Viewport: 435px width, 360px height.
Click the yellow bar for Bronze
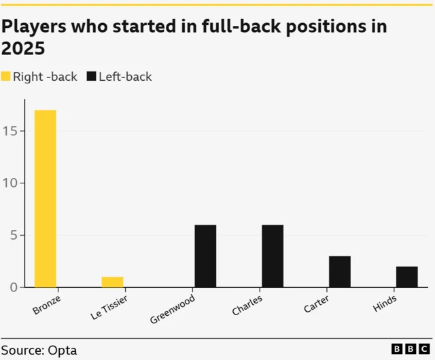(46, 198)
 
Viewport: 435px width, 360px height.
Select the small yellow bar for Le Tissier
(113, 282)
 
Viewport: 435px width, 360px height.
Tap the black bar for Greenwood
(205, 256)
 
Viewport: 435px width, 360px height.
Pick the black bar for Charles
(273, 256)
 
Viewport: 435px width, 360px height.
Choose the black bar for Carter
(340, 272)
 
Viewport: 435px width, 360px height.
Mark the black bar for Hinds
(406, 276)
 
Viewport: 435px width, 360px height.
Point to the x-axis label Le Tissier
(108, 307)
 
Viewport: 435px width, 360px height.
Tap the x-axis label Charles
(247, 304)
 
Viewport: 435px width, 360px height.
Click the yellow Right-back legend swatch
(6, 77)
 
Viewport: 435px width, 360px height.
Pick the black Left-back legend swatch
(92, 77)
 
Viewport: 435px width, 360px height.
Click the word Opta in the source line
(63, 350)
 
